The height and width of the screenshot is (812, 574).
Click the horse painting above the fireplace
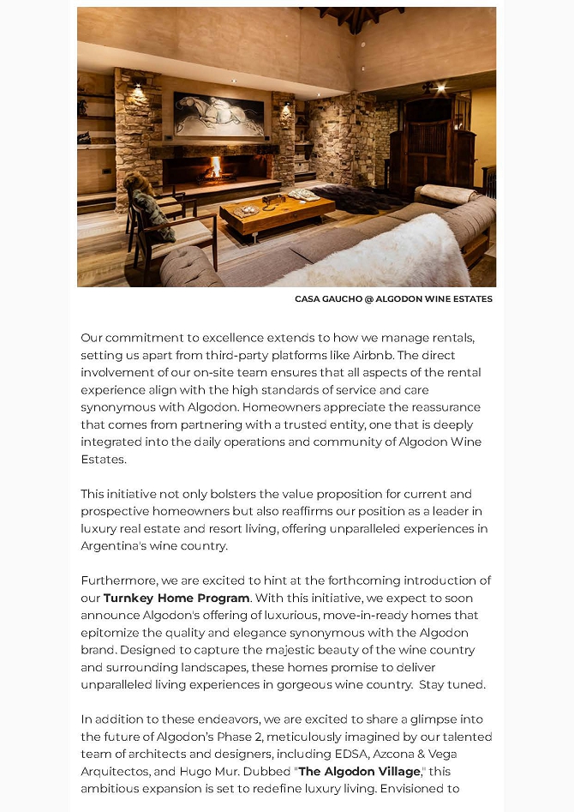coord(219,115)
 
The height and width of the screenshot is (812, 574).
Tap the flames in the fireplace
coord(216,166)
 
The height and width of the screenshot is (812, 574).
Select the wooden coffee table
coord(277,210)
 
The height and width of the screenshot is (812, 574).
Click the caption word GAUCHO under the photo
coord(339,299)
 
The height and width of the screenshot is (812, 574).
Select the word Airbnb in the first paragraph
coord(435,355)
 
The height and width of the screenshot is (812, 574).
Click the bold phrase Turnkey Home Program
coord(176,598)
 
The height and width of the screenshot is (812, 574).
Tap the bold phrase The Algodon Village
coord(359,771)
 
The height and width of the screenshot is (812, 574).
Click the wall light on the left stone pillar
coord(138,83)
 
